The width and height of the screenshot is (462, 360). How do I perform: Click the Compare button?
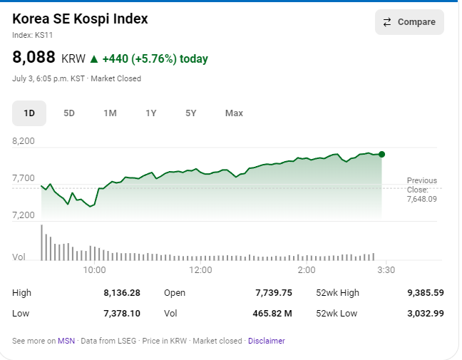409,22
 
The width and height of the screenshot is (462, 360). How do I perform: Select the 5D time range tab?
69,113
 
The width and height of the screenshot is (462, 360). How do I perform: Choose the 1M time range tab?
111,113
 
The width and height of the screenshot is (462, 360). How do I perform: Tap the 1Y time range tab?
151,113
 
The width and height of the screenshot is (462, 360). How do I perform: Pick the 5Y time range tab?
190,113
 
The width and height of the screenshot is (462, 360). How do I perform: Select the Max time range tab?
234,113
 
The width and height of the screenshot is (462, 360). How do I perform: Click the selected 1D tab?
29,113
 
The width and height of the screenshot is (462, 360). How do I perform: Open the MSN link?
66,341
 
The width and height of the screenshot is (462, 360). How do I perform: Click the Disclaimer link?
267,341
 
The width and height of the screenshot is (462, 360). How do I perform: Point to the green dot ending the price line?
382,154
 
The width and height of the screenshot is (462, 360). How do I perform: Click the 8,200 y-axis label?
24,141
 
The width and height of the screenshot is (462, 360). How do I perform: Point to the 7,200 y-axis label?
24,215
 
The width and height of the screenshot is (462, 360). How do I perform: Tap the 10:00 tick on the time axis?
94,270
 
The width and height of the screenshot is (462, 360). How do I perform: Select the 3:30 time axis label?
386,270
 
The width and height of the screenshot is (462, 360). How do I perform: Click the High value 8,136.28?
122,293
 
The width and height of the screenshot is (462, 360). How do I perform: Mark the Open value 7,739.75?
274,293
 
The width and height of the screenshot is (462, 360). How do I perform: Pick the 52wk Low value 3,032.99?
426,313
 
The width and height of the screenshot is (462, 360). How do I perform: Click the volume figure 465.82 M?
272,313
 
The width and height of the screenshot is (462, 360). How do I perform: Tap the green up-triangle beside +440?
94,59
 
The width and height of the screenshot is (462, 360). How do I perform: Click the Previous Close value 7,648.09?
422,199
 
